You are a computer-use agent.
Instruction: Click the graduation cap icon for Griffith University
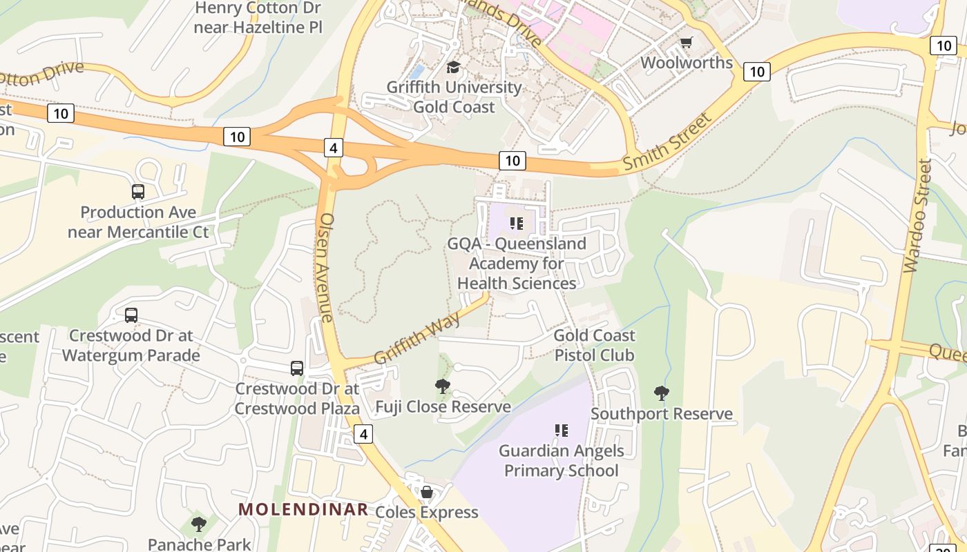click(x=453, y=67)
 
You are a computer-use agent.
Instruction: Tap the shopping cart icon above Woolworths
click(x=686, y=43)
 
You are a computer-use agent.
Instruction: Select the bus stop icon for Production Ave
click(x=138, y=192)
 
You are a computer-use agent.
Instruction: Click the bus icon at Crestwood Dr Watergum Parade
click(x=131, y=315)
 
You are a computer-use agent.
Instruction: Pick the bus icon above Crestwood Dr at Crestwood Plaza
click(x=297, y=368)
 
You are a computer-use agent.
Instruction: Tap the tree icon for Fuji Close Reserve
click(x=443, y=386)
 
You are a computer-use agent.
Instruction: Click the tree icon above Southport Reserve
click(x=661, y=393)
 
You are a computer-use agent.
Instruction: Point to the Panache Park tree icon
click(x=199, y=524)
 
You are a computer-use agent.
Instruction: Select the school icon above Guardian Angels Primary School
click(x=562, y=431)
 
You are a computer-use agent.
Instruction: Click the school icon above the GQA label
click(x=517, y=224)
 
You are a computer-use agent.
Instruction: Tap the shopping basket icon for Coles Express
click(x=427, y=492)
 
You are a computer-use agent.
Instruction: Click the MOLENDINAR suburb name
click(x=303, y=510)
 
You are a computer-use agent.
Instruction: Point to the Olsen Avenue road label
click(x=326, y=266)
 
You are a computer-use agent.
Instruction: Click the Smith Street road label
click(x=667, y=143)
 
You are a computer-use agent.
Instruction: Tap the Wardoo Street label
click(x=917, y=215)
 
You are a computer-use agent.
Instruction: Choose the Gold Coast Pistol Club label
click(x=595, y=345)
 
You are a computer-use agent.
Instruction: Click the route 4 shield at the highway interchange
click(x=333, y=148)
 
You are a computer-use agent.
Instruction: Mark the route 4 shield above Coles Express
click(x=363, y=434)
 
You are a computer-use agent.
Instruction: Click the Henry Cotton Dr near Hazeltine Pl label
click(x=258, y=17)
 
